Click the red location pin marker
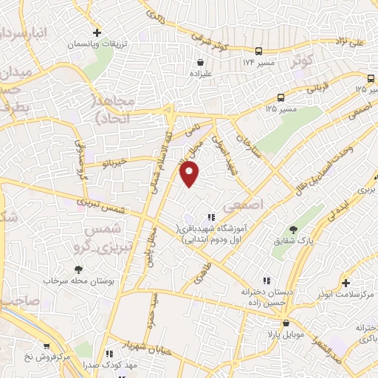click(x=190, y=173)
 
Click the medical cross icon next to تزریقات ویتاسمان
click(x=97, y=33)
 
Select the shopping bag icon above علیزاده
click(x=200, y=63)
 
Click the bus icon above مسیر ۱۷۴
click(x=258, y=51)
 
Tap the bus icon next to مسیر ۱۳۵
click(x=281, y=97)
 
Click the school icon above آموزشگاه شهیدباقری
click(x=212, y=217)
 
